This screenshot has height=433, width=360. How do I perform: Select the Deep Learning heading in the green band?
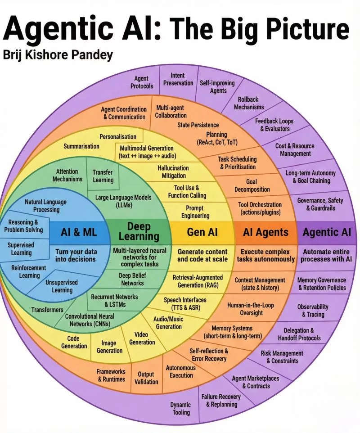click(139, 231)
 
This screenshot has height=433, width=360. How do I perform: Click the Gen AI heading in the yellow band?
click(202, 232)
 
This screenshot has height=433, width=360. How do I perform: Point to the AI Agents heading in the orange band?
click(265, 232)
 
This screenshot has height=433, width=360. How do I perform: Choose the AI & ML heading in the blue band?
click(79, 232)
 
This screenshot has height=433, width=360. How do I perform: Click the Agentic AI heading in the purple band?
click(327, 232)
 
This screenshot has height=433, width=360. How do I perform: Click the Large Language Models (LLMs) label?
click(123, 201)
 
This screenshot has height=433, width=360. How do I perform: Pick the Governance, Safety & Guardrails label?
click(320, 204)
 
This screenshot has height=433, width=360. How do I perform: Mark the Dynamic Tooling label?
click(180, 408)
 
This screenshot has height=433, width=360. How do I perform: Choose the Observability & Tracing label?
click(313, 311)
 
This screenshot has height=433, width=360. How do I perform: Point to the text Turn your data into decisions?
click(76, 256)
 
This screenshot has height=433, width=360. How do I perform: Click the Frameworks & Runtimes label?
click(111, 375)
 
